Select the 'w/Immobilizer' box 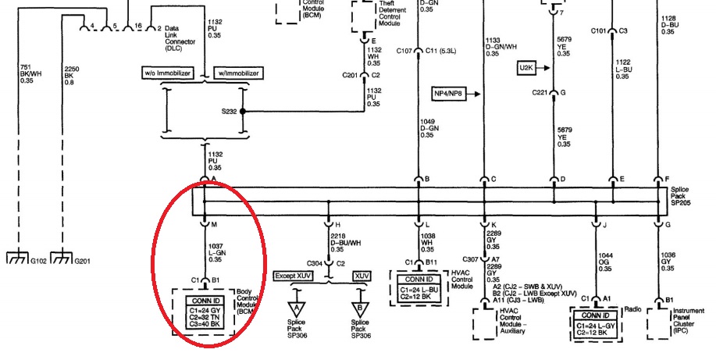(238, 73)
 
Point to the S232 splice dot (244, 112)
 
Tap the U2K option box (528, 69)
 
